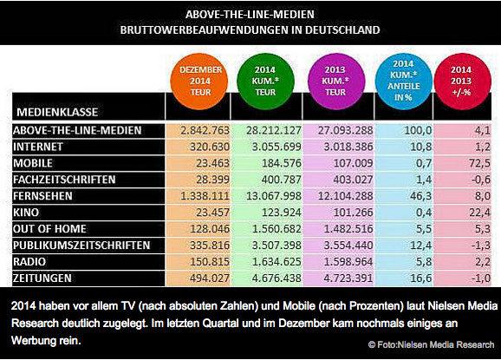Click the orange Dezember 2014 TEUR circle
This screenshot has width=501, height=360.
tap(199, 82)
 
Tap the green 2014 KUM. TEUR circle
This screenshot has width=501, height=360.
tap(265, 82)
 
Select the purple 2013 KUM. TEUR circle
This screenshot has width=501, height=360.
tap(336, 82)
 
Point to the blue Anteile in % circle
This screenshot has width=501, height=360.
tap(404, 82)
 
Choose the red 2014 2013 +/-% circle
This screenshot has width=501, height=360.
tap(462, 82)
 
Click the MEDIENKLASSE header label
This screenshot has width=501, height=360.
tap(57, 112)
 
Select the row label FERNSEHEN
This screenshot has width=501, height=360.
tap(42, 196)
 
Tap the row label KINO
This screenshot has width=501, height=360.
tap(26, 213)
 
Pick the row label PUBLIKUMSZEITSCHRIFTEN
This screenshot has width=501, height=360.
tap(81, 245)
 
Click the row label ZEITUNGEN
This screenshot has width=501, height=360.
tap(42, 278)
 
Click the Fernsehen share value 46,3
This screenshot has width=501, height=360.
tap(420, 196)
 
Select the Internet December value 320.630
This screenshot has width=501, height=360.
tap(210, 147)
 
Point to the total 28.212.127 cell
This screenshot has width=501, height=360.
tap(274, 130)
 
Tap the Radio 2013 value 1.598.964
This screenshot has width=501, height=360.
tap(348, 261)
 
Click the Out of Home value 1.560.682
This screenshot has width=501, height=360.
tap(277, 229)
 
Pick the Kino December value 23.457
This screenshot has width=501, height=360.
tap(212, 213)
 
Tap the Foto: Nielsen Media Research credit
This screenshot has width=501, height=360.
tap(432, 344)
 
